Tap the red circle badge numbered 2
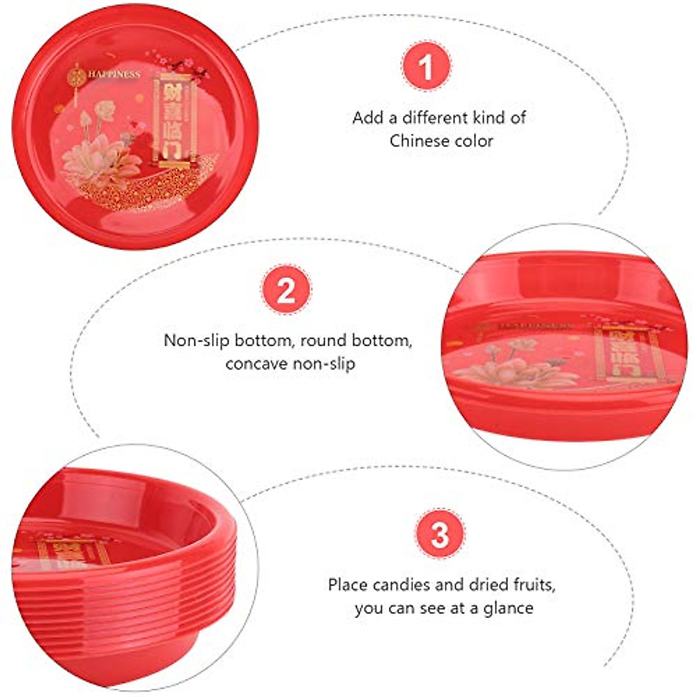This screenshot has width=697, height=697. pos(286,289)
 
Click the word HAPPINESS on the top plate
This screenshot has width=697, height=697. pos(114,74)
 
